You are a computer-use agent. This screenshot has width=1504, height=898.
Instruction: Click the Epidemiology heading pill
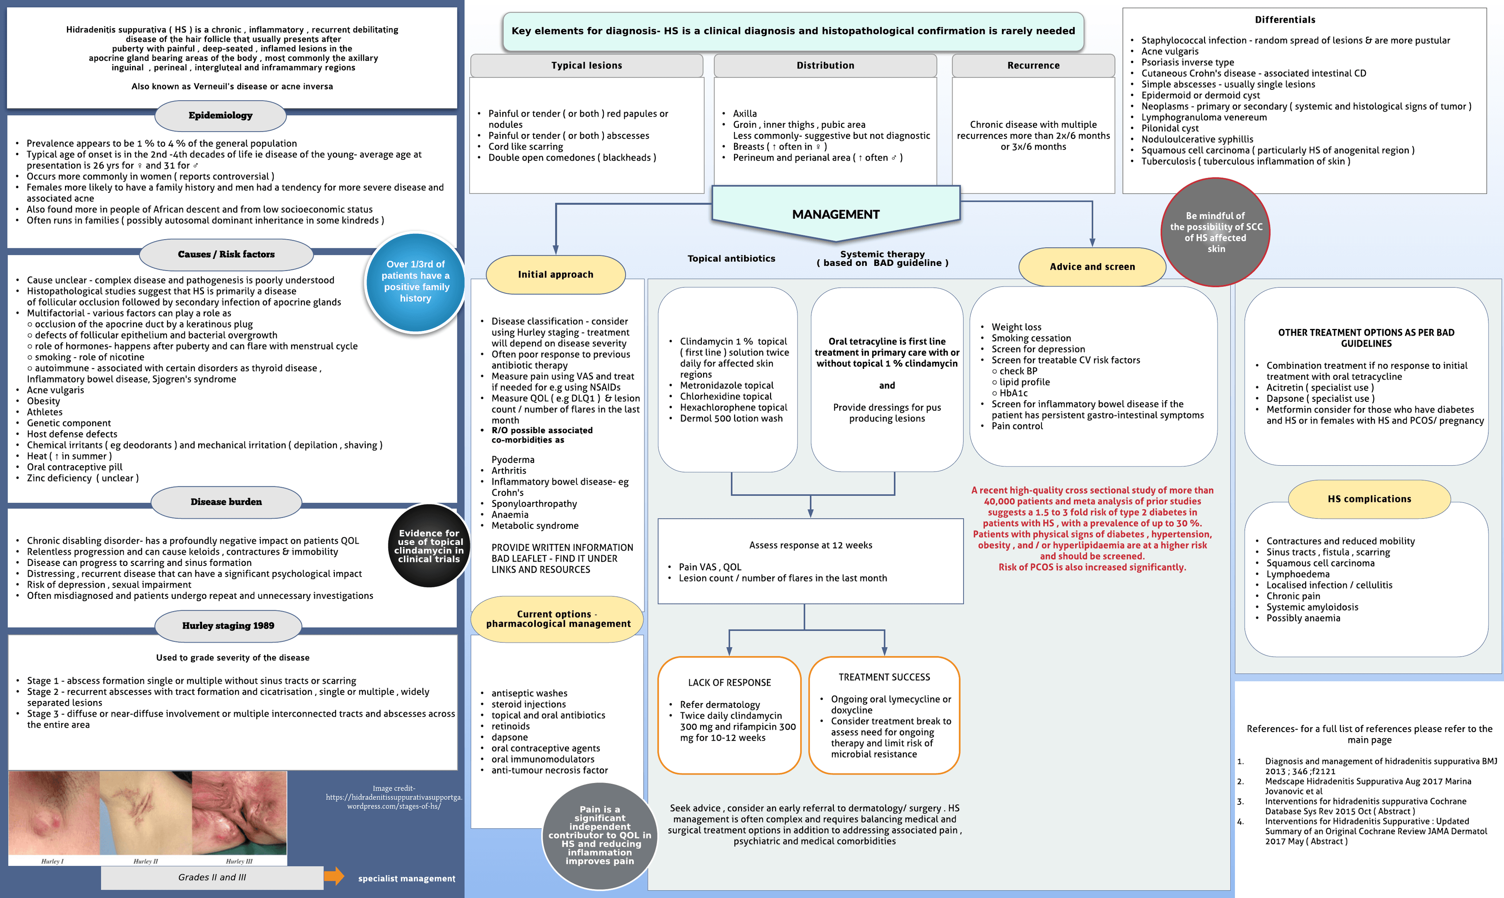pos(220,116)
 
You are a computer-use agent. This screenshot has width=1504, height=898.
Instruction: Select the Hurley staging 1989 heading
pos(228,626)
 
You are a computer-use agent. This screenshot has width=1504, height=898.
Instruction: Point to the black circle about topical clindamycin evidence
pos(429,546)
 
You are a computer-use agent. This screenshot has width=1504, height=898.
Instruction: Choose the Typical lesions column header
pos(586,65)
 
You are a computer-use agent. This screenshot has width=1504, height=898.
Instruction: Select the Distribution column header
pos(825,65)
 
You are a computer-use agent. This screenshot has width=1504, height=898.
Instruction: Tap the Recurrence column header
pos(1033,65)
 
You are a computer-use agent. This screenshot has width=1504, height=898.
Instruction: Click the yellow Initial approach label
pos(555,275)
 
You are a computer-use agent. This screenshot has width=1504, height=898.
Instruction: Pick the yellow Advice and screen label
pos(1092,267)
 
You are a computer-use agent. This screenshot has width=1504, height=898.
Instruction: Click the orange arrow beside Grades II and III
pos(333,876)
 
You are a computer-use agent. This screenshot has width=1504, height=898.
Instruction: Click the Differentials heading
pos(1285,20)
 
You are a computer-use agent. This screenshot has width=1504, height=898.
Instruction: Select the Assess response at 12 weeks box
pos(810,561)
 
